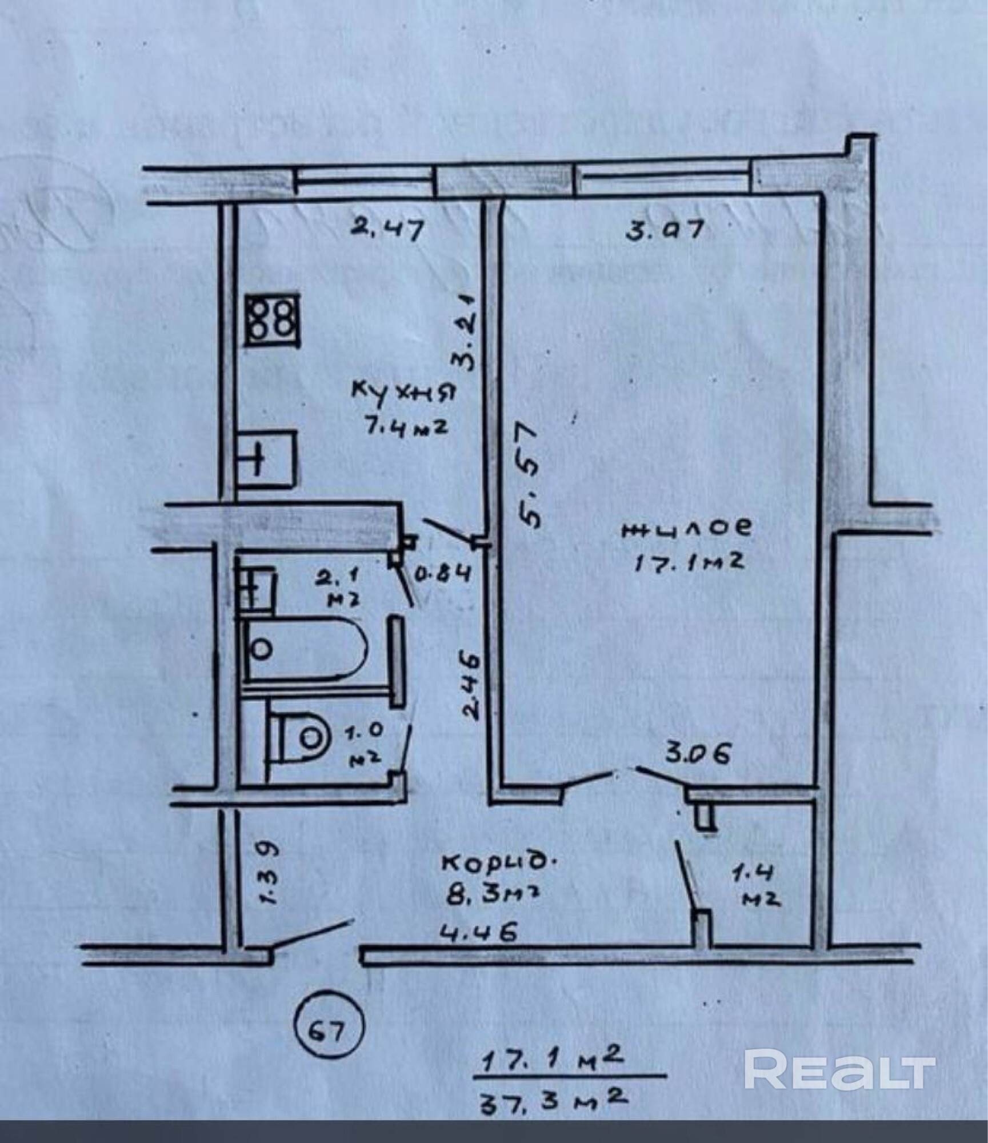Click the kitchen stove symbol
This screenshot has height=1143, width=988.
click(272, 319)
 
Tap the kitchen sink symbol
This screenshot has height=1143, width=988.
click(267, 459)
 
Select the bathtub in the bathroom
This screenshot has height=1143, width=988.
click(305, 649)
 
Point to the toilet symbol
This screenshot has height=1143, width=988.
click(299, 738)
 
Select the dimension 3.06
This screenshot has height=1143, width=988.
click(697, 754)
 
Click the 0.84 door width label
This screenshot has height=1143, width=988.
click(442, 573)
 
